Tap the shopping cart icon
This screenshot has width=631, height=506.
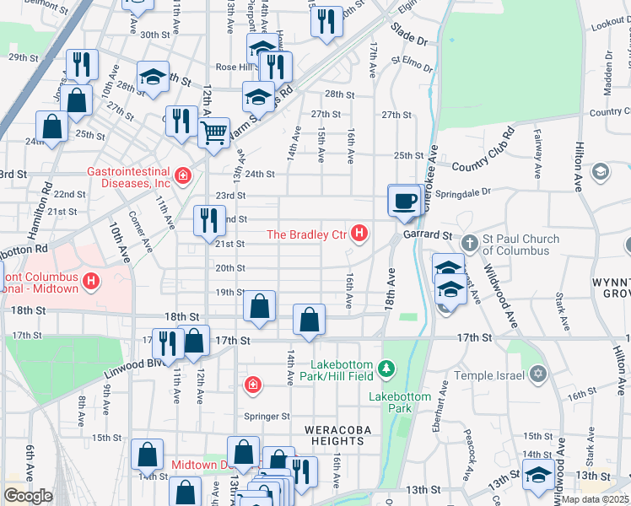214,131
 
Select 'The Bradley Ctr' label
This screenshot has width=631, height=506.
307,234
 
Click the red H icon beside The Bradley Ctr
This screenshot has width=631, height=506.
360,234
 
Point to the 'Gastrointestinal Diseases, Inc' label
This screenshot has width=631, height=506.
128,176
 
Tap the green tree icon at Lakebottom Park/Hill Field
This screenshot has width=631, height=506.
386,368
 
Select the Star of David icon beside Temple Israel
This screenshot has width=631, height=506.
537,374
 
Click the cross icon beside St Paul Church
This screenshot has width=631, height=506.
471,245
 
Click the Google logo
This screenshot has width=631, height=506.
28,496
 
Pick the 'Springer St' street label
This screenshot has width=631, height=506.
267,417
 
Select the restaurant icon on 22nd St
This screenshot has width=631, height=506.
207,220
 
